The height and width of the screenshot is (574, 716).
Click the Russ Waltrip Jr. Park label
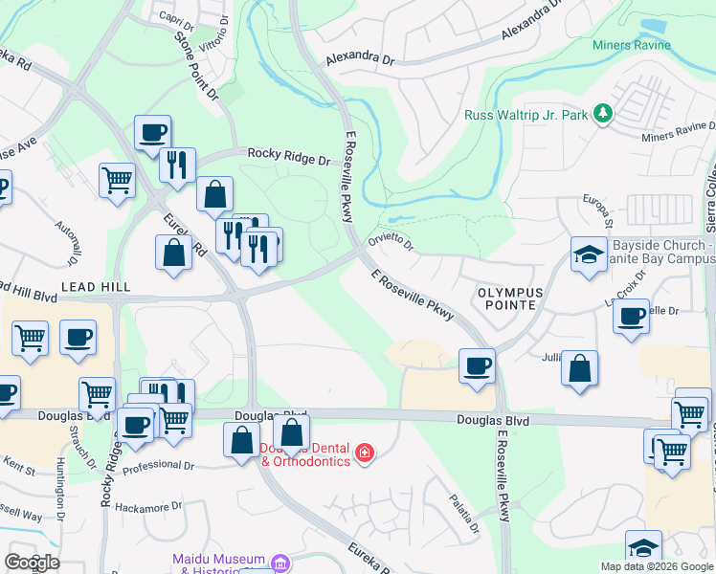click(x=526, y=115)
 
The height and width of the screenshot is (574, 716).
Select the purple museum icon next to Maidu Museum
click(x=280, y=561)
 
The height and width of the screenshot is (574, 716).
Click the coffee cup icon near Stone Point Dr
click(x=152, y=133)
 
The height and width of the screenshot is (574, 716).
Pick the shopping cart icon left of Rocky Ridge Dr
click(x=117, y=179)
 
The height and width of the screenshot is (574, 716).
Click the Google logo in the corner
click(x=31, y=562)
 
